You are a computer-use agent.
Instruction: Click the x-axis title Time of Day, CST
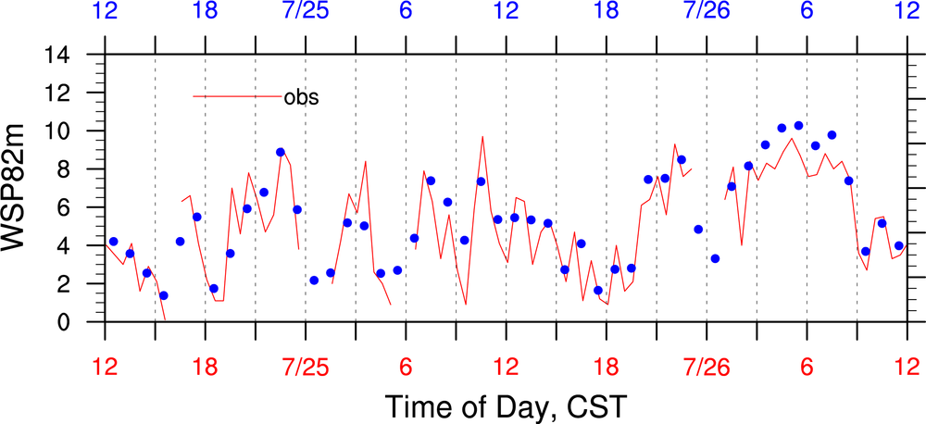507,405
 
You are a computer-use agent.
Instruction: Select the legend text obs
301,97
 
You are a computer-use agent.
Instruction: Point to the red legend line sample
237,96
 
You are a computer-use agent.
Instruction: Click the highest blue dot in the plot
798,126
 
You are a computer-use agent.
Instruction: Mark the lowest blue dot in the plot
164,295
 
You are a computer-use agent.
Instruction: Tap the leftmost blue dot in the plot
114,242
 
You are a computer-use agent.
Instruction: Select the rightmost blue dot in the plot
899,245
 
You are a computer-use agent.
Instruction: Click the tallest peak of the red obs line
482,137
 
